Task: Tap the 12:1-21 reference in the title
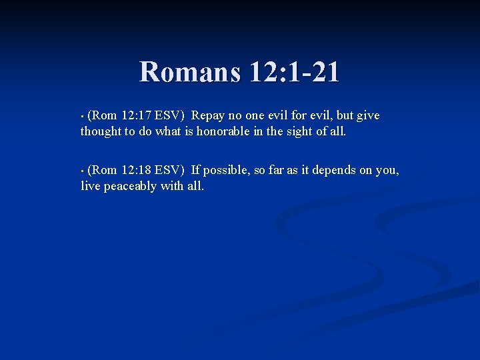coord(293,72)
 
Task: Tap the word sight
coord(302,131)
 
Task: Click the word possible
coord(225,171)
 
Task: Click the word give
coord(368,116)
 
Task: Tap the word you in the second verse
coord(387,171)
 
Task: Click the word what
coord(169,131)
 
